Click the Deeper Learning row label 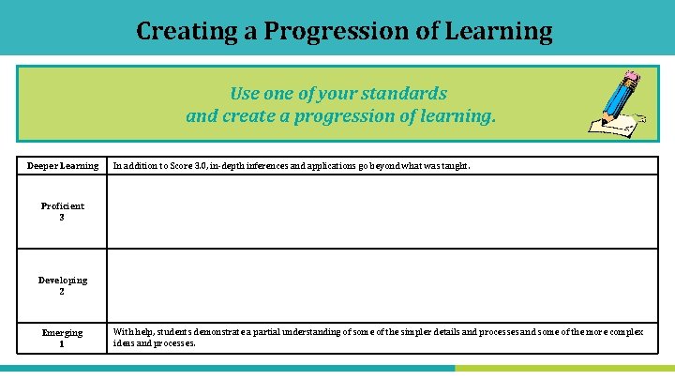pos(63,166)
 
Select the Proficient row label pos(63,205)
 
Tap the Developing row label pos(63,280)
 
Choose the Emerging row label pos(63,332)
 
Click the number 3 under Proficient pos(62,217)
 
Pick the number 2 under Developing pos(62,291)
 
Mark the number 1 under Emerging pos(62,343)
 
